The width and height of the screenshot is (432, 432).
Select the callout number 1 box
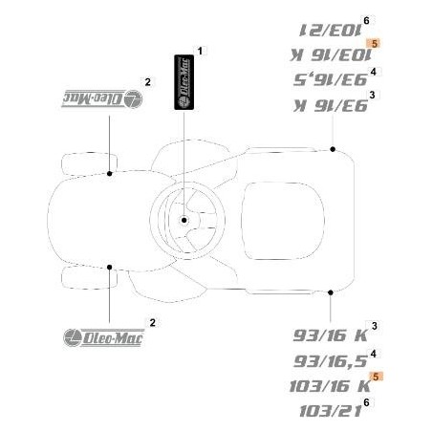pyautogui.click(x=200, y=49)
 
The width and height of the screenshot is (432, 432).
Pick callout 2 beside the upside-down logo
pyautogui.click(x=146, y=81)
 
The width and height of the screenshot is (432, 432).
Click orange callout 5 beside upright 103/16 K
pyautogui.click(x=377, y=378)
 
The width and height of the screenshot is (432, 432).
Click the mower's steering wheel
pyautogui.click(x=186, y=221)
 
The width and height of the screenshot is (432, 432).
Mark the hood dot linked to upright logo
pyautogui.click(x=111, y=267)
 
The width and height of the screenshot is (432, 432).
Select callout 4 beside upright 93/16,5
pyautogui.click(x=372, y=354)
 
